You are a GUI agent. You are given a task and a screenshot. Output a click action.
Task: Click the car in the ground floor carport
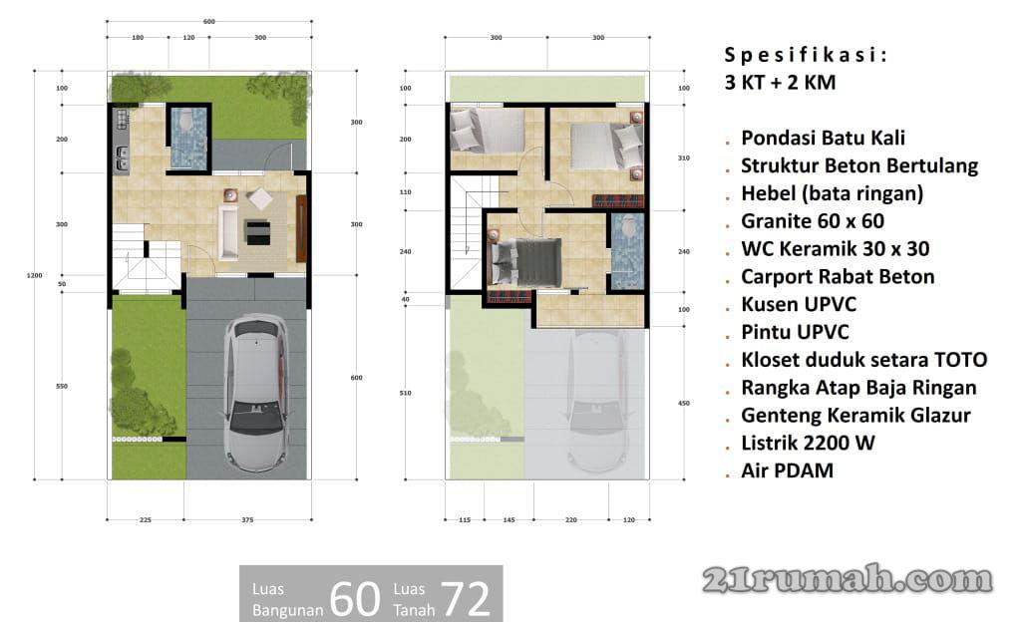point(256,393)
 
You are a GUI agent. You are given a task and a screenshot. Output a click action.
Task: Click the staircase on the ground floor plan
point(147,257)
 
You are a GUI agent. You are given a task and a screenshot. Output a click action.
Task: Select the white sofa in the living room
point(228,232)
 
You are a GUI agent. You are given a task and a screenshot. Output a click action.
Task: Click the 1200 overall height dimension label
point(35,275)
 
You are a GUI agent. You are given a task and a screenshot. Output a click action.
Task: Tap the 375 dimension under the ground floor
point(247,520)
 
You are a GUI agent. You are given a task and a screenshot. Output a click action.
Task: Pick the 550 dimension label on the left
point(62,386)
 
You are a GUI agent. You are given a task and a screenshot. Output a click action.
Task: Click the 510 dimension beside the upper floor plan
point(405,393)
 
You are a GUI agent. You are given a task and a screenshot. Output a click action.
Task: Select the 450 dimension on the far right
point(684,404)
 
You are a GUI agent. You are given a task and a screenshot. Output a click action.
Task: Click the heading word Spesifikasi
point(806,55)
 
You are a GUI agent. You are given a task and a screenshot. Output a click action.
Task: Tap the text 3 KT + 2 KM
point(780,83)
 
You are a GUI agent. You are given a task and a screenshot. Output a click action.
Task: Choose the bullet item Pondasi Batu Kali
point(823,138)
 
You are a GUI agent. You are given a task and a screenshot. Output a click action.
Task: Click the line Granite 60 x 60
point(813,221)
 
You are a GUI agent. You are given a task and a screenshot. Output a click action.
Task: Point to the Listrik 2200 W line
point(808,444)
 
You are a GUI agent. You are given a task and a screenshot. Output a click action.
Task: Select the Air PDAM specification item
point(788,471)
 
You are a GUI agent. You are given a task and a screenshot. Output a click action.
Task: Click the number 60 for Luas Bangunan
point(355,599)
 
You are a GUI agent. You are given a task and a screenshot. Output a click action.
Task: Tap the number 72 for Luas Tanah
point(466,599)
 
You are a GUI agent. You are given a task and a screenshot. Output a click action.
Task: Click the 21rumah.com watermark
point(848,579)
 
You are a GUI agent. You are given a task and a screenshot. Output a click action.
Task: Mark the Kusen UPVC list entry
point(799,304)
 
